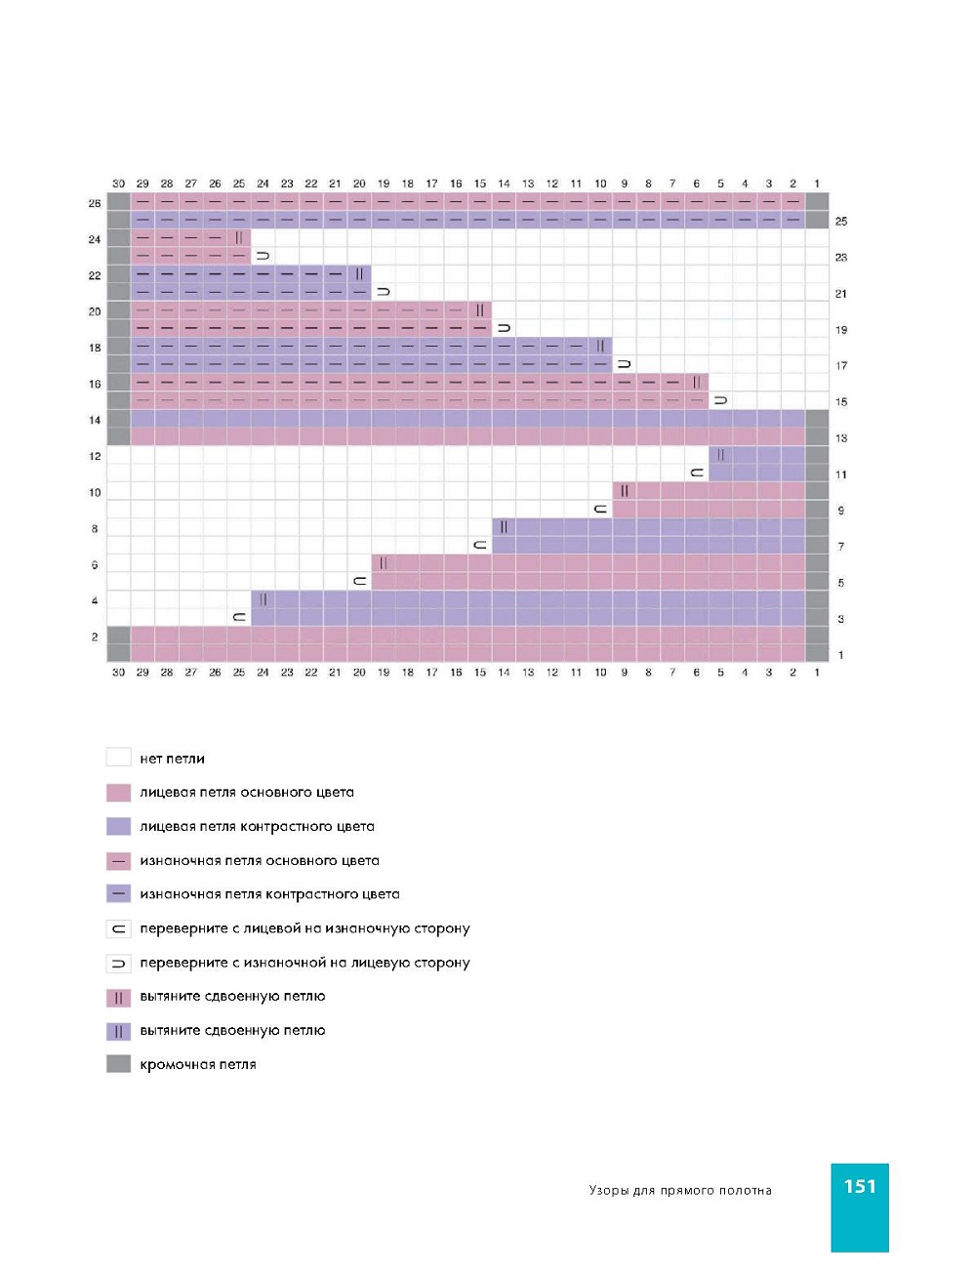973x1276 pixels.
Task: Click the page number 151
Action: tap(860, 1186)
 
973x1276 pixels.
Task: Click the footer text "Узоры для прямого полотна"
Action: tap(680, 1191)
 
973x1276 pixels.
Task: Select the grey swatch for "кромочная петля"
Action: tap(118, 1064)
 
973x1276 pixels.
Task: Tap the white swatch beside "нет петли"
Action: tap(118, 758)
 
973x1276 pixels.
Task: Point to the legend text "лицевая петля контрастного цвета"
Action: tap(257, 827)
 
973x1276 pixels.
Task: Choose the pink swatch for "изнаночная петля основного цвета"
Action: tap(118, 861)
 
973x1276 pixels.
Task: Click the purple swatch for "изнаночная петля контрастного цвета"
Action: tap(118, 894)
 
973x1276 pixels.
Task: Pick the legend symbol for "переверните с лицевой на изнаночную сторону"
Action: tap(118, 928)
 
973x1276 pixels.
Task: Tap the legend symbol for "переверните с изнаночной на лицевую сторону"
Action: tap(118, 963)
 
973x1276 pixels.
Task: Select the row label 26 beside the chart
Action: tap(95, 203)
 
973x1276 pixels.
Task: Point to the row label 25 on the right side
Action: tap(841, 222)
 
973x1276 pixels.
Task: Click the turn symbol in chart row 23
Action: tap(263, 256)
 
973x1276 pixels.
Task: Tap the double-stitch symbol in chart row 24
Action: tap(239, 238)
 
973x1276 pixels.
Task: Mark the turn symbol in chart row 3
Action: tap(239, 618)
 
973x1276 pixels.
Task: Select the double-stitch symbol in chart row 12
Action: tap(720, 455)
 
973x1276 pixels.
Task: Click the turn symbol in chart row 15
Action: tap(720, 400)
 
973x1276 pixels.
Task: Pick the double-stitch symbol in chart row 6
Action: tap(384, 563)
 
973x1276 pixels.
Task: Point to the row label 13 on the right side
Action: tap(841, 438)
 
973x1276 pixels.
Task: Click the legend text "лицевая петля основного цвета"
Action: tap(247, 793)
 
